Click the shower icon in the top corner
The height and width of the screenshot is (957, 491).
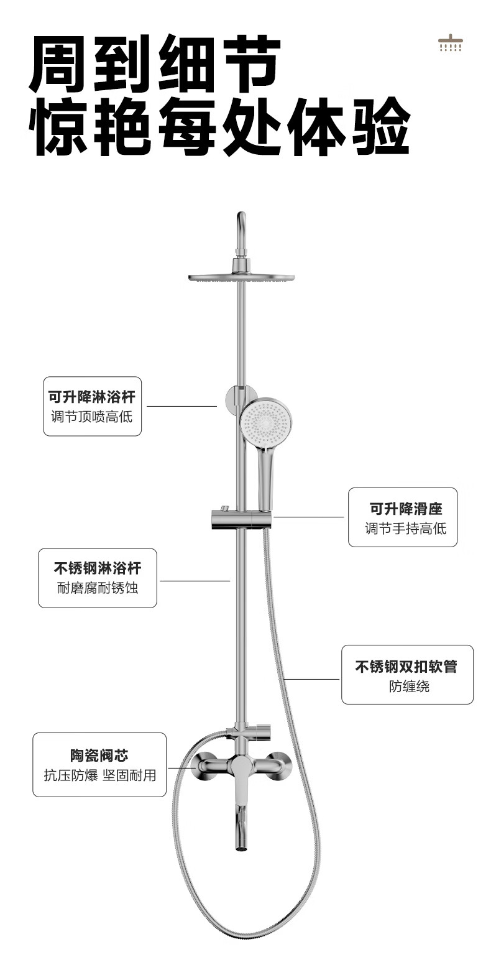click(x=449, y=42)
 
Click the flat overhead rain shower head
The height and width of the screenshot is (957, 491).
click(x=241, y=278)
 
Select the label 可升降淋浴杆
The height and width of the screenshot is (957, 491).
click(x=91, y=396)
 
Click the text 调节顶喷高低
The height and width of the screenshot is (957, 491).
click(x=92, y=416)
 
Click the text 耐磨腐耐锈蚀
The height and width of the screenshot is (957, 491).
click(x=98, y=588)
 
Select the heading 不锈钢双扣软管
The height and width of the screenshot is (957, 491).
click(x=406, y=666)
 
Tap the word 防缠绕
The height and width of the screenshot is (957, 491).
click(x=408, y=686)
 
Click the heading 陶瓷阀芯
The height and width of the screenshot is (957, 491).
click(x=99, y=755)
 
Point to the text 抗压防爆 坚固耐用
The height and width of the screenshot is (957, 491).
click(x=99, y=775)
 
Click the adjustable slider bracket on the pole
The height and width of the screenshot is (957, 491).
click(x=242, y=519)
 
